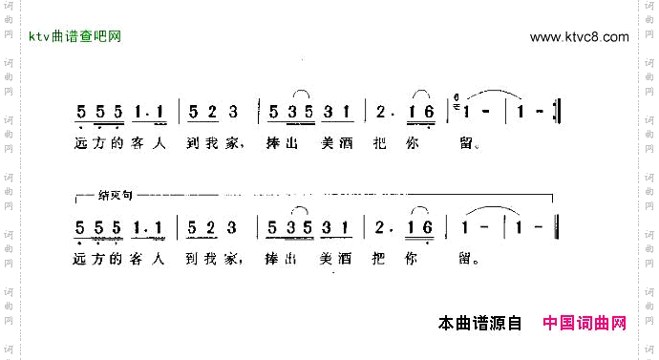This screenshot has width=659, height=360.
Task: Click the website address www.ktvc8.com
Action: coord(579,37)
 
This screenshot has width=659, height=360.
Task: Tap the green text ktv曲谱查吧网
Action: coord(75,37)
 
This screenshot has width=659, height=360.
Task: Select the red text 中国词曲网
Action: coord(585,324)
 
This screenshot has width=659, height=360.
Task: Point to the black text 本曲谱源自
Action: coord(478,324)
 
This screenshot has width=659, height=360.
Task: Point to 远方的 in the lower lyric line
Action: coord(97,257)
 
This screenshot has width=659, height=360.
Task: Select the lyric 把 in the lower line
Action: coord(382,257)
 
